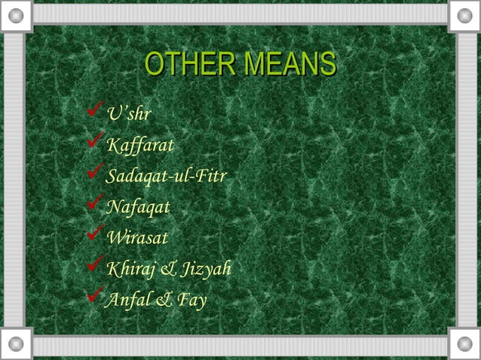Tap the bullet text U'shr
129,114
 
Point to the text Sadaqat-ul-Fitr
167,176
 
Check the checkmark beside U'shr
96,113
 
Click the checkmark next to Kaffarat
96,143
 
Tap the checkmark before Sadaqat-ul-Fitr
96,174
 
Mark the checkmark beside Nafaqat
96,205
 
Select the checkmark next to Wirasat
96,236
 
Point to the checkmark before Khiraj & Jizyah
96,267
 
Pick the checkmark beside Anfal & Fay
96,297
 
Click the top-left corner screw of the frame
17,14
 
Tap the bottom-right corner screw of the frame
464,345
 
